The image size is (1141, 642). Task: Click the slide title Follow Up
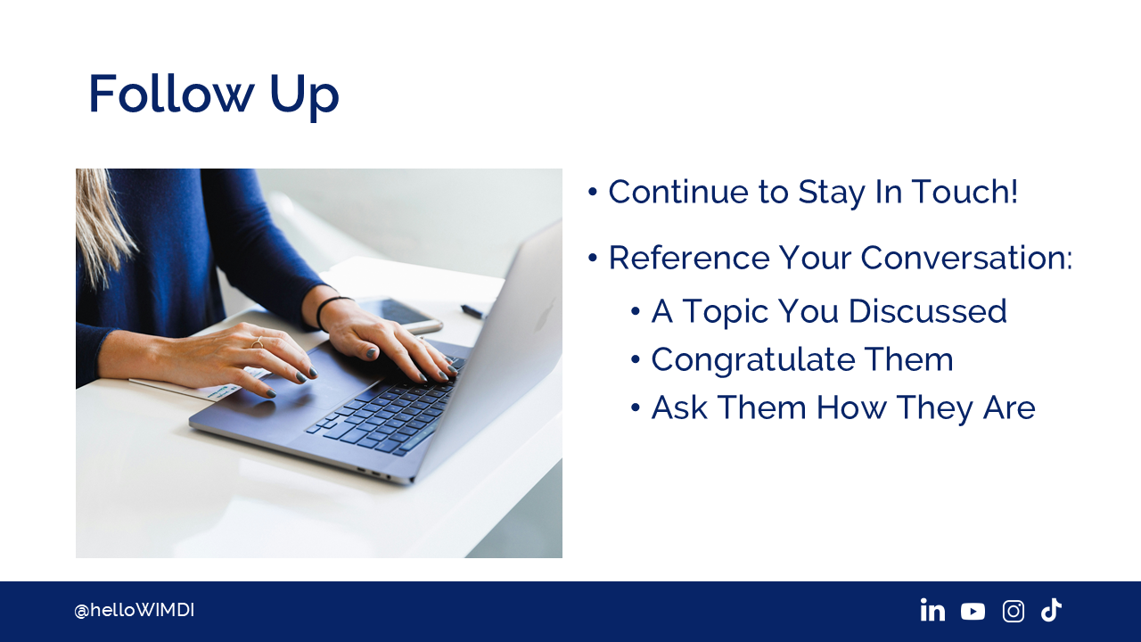pos(213,95)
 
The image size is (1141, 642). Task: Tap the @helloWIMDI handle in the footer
pos(134,611)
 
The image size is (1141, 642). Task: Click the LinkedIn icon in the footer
pos(932,610)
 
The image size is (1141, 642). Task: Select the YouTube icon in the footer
pos(973,612)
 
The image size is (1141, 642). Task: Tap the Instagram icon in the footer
pos(1014,611)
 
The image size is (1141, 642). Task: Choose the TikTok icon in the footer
pos(1051,610)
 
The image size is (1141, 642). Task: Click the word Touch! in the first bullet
pos(965,192)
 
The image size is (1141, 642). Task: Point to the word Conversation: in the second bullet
pos(966,258)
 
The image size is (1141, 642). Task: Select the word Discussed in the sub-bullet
pos(928,311)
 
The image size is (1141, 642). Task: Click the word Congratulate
pos(752,359)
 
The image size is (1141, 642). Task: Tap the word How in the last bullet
pos(851,407)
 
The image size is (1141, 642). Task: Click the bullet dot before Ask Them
pos(635,407)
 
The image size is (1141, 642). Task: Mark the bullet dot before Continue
pos(592,192)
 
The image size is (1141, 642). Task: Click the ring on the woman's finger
pos(258,343)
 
